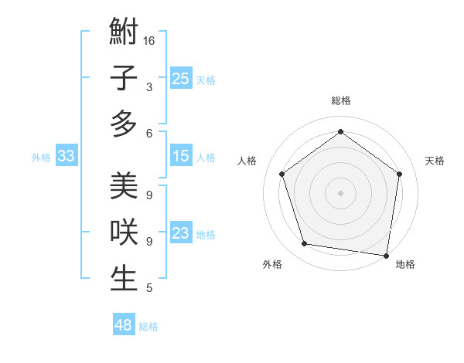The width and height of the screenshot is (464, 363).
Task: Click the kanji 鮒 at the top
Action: click(124, 32)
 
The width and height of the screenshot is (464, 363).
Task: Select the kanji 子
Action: click(124, 78)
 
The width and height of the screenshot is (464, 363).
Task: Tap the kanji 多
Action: click(124, 124)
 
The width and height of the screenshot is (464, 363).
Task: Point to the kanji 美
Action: click(124, 187)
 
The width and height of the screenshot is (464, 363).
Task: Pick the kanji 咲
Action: click(124, 232)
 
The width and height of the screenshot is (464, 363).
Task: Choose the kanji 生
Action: click(124, 278)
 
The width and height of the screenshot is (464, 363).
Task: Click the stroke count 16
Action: click(149, 40)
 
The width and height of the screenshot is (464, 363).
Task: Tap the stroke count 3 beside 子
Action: click(148, 87)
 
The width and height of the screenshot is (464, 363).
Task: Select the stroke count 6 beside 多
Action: click(148, 133)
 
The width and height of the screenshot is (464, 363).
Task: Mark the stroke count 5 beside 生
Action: click(148, 288)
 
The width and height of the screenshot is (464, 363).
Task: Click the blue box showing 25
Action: click(181, 78)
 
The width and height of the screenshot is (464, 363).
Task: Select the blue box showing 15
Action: click(181, 156)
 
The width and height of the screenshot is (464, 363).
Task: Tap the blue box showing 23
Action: click(181, 233)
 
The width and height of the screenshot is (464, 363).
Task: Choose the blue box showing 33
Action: click(66, 157)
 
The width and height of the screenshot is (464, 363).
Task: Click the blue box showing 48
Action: click(124, 325)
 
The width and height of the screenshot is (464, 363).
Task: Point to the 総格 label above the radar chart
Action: click(340, 100)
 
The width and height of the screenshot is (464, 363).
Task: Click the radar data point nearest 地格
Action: click(386, 255)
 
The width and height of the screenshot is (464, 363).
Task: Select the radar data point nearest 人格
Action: click(281, 174)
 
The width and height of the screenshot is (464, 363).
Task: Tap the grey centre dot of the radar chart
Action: click(340, 192)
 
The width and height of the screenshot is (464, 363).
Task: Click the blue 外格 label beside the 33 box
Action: click(41, 158)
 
